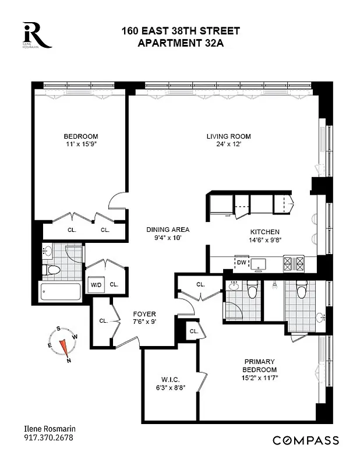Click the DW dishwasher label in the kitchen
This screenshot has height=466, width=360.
pos(241,263)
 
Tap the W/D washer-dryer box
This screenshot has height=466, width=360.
pos(94,285)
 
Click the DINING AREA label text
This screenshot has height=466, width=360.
pos(167,230)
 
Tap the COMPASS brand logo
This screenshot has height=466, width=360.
pos(306,440)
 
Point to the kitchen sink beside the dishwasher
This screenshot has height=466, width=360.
pos(259,263)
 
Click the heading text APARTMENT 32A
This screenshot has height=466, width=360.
pos(180,42)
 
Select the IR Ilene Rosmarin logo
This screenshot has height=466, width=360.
pos(36,35)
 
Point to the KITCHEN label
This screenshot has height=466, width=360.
pos(264,232)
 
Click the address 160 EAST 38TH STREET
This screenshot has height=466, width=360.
pos(180,30)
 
